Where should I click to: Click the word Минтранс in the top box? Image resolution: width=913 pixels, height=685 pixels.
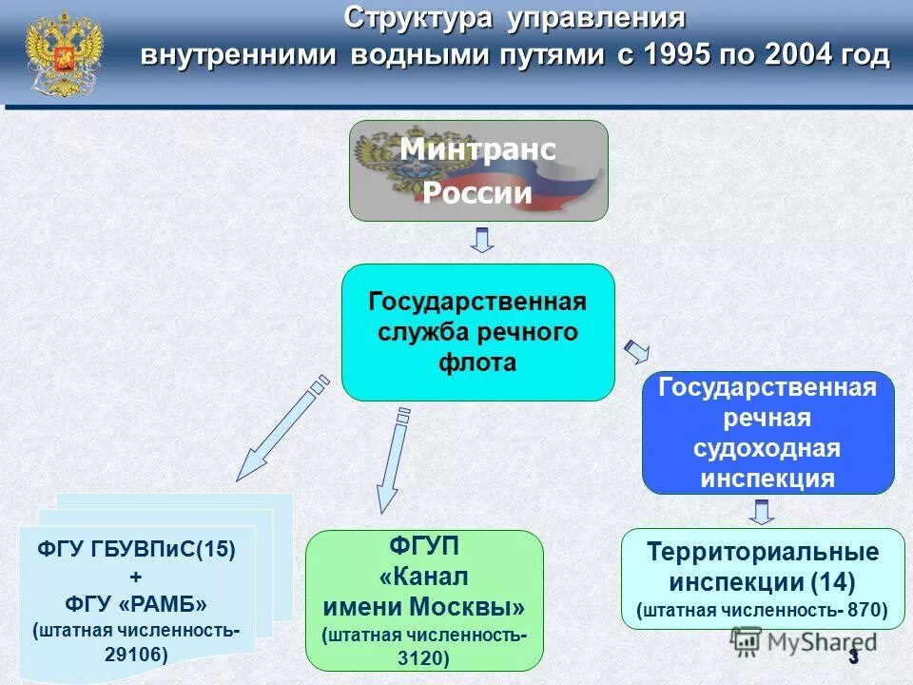tap(477, 150)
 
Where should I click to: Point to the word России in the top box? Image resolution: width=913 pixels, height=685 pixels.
tap(477, 194)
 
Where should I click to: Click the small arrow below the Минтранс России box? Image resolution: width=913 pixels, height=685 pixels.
tap(482, 240)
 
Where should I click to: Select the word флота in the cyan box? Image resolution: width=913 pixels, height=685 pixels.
tap(477, 362)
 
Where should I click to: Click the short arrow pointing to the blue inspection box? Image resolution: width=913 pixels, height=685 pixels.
tap(634, 351)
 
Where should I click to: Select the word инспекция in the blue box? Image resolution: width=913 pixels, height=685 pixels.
tap(767, 478)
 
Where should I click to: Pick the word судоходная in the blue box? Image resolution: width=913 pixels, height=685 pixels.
tap(767, 448)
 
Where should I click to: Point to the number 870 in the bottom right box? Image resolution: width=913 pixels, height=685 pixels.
tap(862, 609)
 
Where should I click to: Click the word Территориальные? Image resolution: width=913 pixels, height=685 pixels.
tap(763, 552)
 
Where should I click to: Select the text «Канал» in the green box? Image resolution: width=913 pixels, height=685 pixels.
tap(424, 577)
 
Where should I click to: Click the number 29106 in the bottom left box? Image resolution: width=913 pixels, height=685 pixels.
tap(137, 654)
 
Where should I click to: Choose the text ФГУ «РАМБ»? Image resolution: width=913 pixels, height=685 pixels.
tap(135, 604)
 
